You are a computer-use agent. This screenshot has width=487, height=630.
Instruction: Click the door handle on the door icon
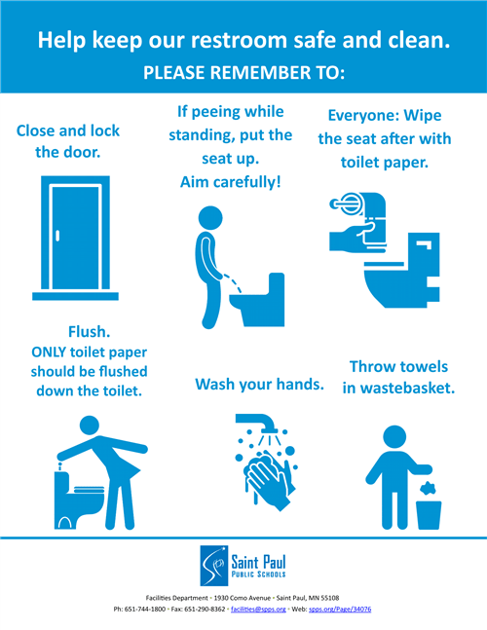coord(57,236)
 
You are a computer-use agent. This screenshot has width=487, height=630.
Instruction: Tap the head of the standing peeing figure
coord(210,218)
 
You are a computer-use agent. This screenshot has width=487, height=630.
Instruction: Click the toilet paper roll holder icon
coord(347,204)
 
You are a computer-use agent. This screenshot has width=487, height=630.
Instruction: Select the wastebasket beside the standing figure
coord(429,515)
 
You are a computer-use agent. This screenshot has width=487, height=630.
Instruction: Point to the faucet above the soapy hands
coord(257,423)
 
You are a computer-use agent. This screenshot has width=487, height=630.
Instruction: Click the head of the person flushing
coord(90,426)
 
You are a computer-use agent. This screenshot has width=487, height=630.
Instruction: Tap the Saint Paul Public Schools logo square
coord(214,566)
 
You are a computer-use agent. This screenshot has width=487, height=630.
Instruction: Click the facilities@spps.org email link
coord(258,610)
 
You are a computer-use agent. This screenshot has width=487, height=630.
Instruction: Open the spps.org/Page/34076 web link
coord(340,610)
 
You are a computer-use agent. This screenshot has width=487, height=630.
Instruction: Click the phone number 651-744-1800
coord(145,610)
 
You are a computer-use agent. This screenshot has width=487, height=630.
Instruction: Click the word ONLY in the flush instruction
coord(49,352)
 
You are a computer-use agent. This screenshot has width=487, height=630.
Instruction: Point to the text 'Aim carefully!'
coord(230,182)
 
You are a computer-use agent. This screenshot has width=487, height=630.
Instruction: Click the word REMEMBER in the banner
coord(260,73)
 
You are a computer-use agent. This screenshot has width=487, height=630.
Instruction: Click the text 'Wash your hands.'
coord(260,385)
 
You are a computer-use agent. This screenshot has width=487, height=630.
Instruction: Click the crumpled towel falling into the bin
coord(429,488)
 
